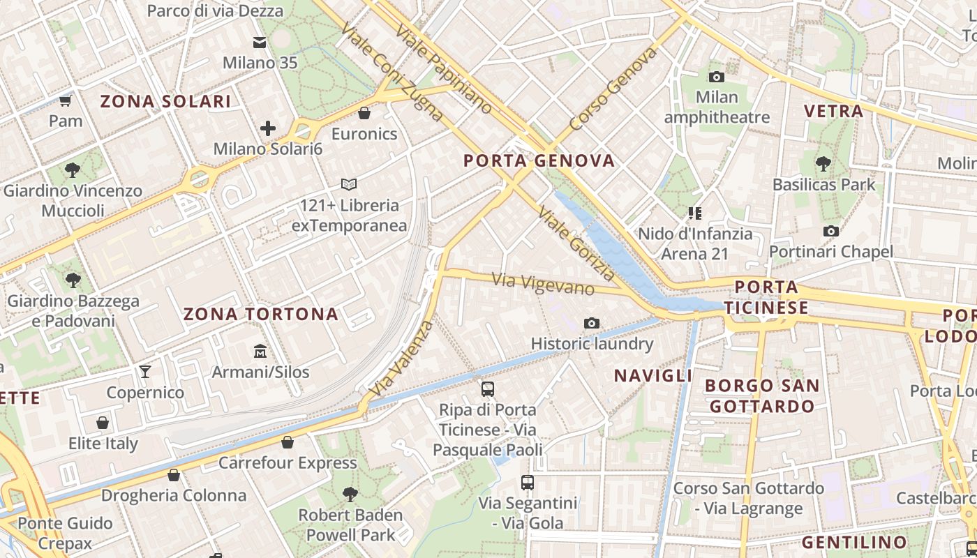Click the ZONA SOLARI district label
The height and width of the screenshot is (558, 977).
pos(165,102)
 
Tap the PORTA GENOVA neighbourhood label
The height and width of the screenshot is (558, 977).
pos(539,161)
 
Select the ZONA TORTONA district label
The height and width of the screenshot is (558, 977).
pos(260,315)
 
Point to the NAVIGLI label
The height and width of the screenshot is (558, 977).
pos(653,376)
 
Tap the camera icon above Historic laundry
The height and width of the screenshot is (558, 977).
pos(592,323)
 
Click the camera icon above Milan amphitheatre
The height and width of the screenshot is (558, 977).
pos(716,77)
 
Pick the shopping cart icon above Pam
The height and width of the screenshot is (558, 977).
pos(66,101)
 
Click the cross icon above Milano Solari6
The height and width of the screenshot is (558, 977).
pos(268,128)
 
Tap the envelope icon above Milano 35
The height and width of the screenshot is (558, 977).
pos(260,43)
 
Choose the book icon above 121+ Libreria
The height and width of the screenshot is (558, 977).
pos(349,185)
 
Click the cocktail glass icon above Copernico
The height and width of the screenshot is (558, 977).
pos(145,372)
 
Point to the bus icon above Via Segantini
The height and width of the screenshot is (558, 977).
pos(528,482)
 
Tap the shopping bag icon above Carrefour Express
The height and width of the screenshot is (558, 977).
pos(288,442)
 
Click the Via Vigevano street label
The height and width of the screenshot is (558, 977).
pos(544,284)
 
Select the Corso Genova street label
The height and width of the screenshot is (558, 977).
pos(613,89)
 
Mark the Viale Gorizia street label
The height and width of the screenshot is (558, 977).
pos(576,243)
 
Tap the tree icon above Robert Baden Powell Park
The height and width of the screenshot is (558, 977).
pos(350,495)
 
